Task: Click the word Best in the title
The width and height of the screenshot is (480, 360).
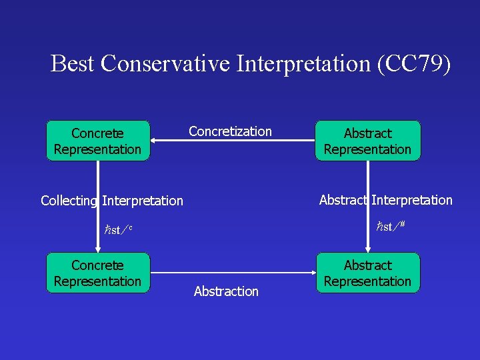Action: point(73,63)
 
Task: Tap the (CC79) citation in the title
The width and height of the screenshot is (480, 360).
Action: point(413,63)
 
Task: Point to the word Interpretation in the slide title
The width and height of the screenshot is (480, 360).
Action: point(301,63)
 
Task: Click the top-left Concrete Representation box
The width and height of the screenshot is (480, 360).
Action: point(97,141)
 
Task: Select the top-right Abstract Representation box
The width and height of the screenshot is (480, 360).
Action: point(367,141)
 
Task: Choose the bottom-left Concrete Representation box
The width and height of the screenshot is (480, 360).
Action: point(97,273)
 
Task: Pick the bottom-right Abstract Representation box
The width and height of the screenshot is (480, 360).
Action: point(367,273)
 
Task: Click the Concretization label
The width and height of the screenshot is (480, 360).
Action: point(230,131)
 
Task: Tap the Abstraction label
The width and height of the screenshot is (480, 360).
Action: point(226,291)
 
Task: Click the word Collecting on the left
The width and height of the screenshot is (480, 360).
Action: point(69,201)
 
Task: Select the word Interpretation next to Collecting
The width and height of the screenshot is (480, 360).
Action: point(143,201)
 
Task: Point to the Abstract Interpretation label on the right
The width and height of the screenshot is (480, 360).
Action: point(385,200)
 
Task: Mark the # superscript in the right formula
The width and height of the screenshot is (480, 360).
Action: point(403,225)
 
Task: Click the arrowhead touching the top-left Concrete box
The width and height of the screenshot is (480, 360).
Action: point(155,141)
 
